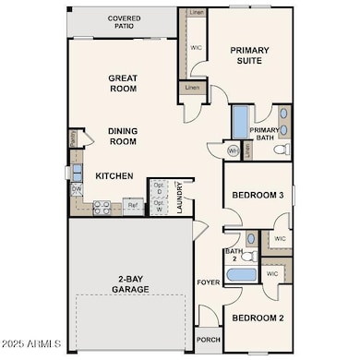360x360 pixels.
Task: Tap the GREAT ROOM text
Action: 123,83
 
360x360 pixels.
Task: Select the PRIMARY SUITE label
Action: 252,54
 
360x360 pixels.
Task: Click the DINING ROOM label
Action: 123,136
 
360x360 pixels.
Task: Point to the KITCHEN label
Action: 114,175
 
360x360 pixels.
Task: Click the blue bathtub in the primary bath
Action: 239,122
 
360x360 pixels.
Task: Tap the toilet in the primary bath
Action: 282,149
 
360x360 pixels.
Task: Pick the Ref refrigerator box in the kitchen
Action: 133,206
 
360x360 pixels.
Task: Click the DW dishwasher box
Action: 77,191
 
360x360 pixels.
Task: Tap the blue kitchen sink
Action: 73,171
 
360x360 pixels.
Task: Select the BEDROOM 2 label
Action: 258,318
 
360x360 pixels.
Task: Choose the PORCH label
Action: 208,339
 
